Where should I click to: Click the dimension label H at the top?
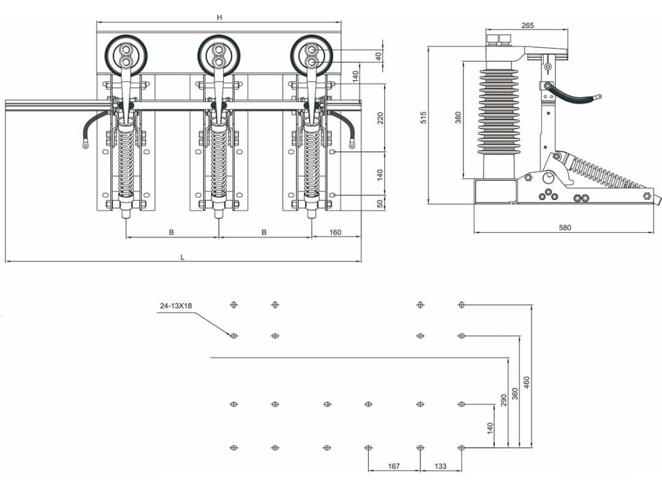(219, 18)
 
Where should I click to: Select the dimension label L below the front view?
(182, 257)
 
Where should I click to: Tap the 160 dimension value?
(335, 232)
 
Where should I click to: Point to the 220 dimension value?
(380, 118)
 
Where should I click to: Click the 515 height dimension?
(424, 118)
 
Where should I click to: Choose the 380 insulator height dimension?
(458, 118)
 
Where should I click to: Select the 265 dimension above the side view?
(527, 25)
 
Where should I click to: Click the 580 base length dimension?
(565, 228)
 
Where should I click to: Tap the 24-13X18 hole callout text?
(175, 305)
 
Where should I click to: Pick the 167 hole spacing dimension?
(394, 466)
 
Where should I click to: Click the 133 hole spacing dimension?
(440, 466)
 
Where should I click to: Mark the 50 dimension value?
(380, 203)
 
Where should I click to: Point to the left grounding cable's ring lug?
(86, 146)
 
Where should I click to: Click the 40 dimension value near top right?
(379, 56)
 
